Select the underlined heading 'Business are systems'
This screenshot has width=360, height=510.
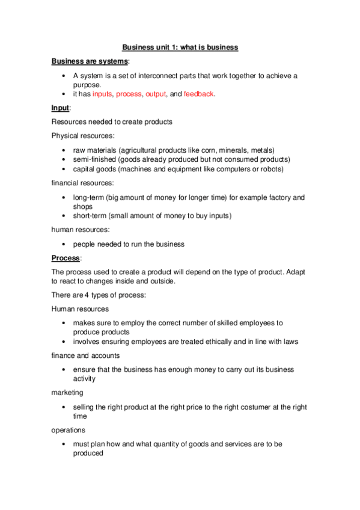point(89,61)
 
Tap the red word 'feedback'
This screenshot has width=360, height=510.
point(198,94)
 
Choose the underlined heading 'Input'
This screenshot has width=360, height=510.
point(61,108)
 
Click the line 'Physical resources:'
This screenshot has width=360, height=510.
point(79,135)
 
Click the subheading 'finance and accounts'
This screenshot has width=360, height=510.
point(85,355)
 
